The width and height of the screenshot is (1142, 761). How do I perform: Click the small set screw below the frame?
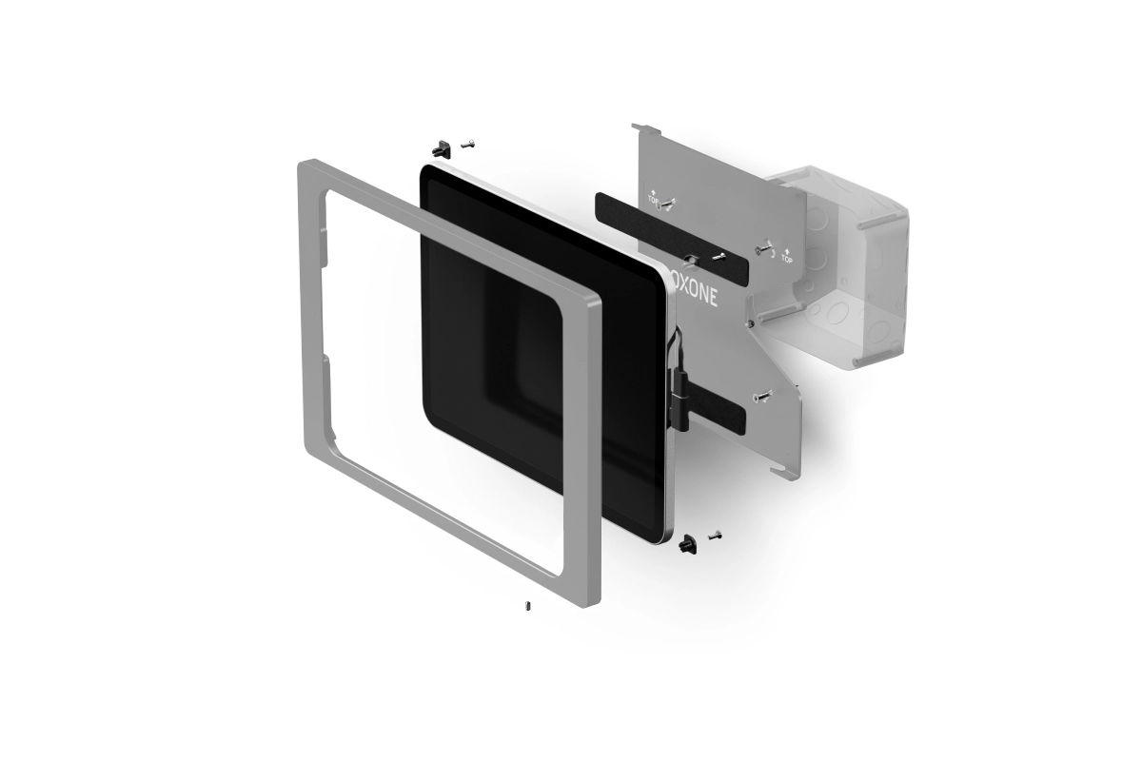click(x=528, y=605)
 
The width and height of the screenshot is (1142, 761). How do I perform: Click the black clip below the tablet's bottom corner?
click(x=687, y=543)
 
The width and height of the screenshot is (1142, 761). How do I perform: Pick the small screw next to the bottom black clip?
click(x=714, y=537)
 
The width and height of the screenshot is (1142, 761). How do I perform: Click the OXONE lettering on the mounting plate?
click(x=695, y=290)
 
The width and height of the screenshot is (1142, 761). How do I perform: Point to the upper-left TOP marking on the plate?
click(x=654, y=198)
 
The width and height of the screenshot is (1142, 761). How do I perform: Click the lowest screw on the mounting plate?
click(x=763, y=397)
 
